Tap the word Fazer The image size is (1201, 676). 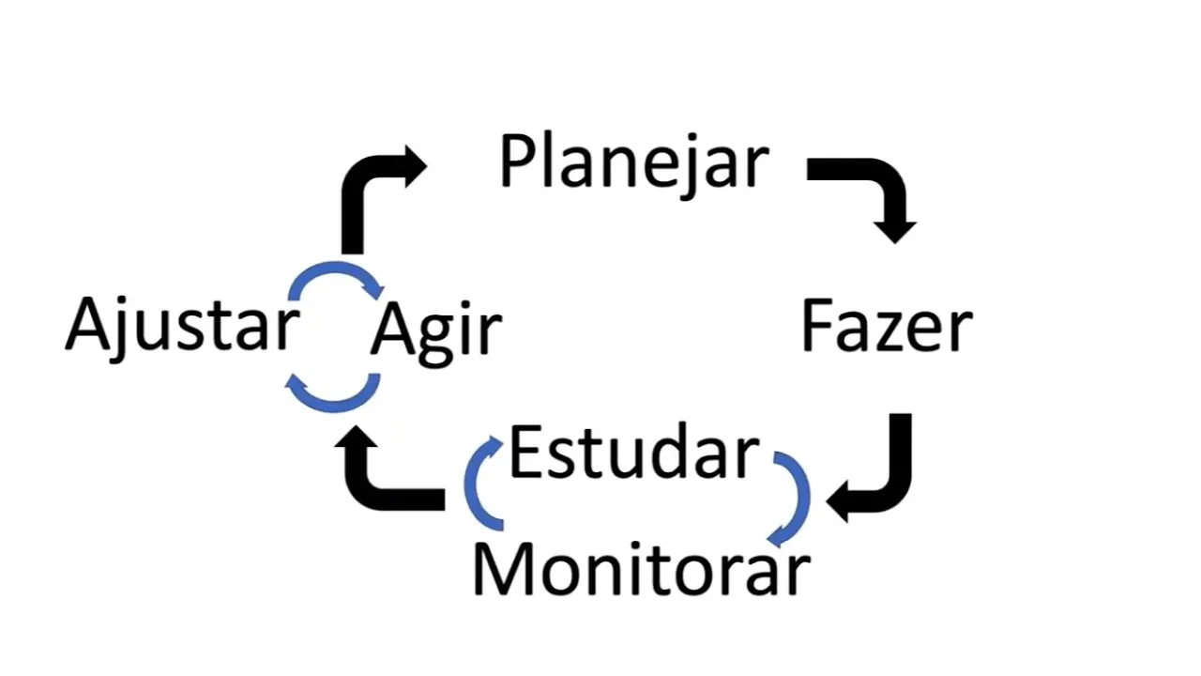click(887, 326)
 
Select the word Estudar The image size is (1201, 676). click(633, 453)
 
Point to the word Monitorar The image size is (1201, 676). click(641, 569)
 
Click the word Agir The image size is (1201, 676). click(436, 330)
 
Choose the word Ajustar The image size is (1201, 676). click(182, 325)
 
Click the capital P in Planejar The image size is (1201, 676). click(517, 161)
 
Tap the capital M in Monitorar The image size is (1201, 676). click(502, 569)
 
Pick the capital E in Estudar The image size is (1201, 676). click(524, 453)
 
